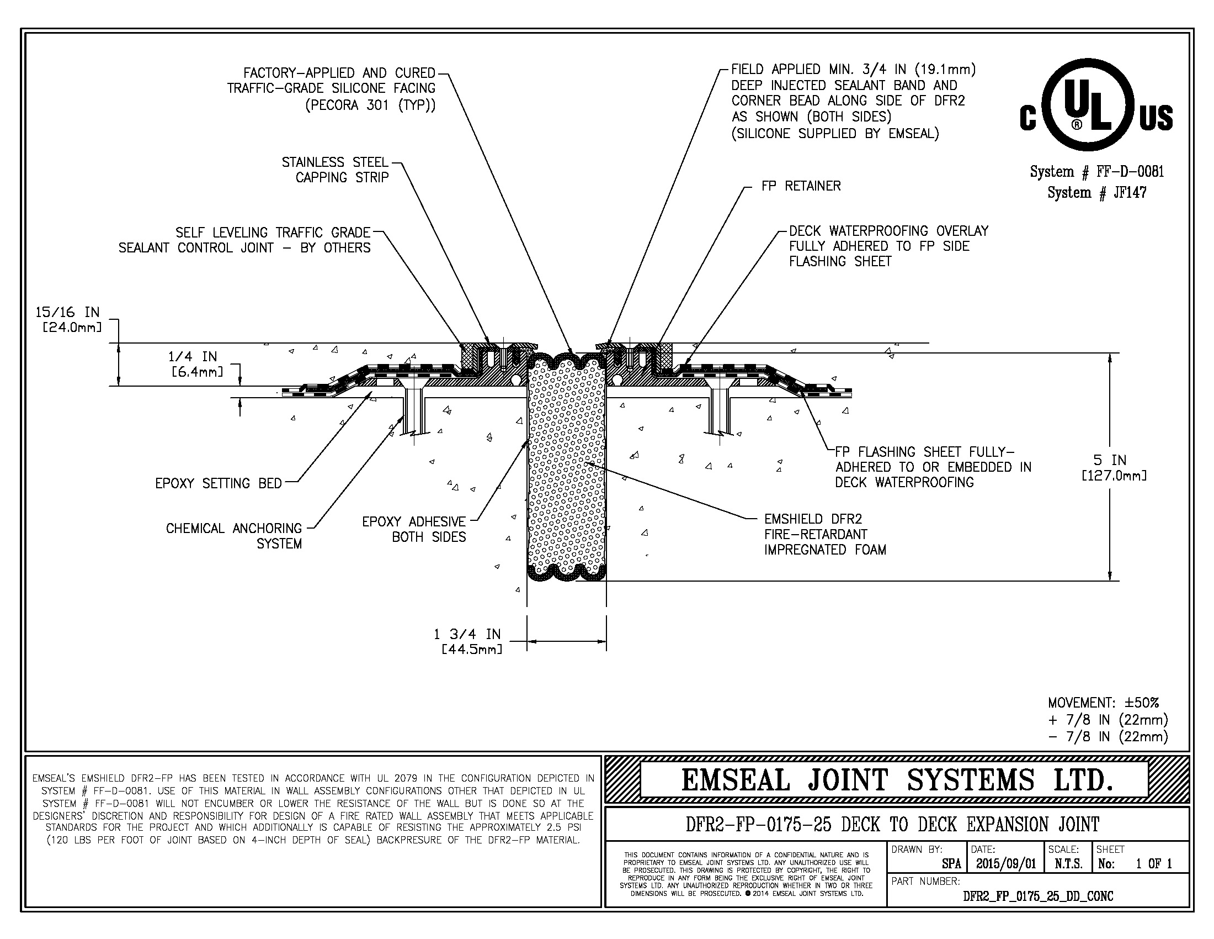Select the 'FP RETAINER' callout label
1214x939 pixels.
tap(801, 186)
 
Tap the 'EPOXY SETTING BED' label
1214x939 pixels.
tap(219, 483)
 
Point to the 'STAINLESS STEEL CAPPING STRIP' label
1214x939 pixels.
tap(335, 170)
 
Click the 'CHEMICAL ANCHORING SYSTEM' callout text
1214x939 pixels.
tap(234, 536)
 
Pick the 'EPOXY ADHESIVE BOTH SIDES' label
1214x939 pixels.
tap(414, 529)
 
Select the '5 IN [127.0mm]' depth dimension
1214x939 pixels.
tap(1114, 467)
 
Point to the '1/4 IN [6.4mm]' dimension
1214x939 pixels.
tap(194, 363)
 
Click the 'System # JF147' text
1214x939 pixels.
tap(1096, 192)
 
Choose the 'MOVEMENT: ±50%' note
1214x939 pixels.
tap(1104, 703)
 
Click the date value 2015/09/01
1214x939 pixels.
tap(1005, 864)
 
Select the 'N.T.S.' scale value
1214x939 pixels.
tap(1068, 864)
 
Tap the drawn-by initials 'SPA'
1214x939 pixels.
tap(951, 864)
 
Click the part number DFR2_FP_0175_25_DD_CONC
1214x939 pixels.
tap(1038, 895)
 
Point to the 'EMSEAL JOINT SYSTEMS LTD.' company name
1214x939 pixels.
tap(897, 779)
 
